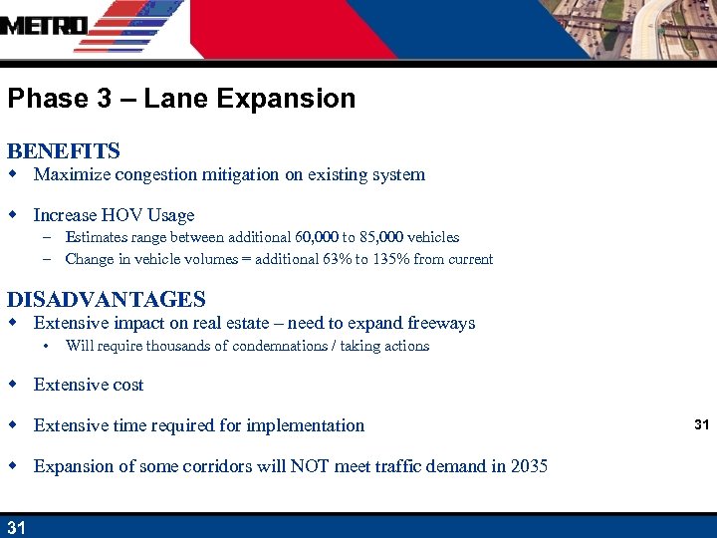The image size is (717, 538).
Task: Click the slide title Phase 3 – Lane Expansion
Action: pyautogui.click(x=181, y=99)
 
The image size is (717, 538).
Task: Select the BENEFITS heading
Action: pyautogui.click(x=64, y=151)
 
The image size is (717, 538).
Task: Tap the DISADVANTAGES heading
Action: pyautogui.click(x=106, y=299)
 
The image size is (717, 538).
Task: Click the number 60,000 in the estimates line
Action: pyautogui.click(x=318, y=237)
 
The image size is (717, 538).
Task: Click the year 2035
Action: pyautogui.click(x=527, y=466)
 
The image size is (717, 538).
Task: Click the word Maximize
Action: pyautogui.click(x=71, y=175)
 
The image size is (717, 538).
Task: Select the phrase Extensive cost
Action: pyautogui.click(x=89, y=386)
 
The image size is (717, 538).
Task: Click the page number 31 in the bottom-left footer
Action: pyautogui.click(x=16, y=527)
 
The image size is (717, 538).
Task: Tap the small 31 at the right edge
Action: pyautogui.click(x=702, y=425)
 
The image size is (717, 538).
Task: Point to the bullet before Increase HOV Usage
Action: pyautogui.click(x=13, y=215)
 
